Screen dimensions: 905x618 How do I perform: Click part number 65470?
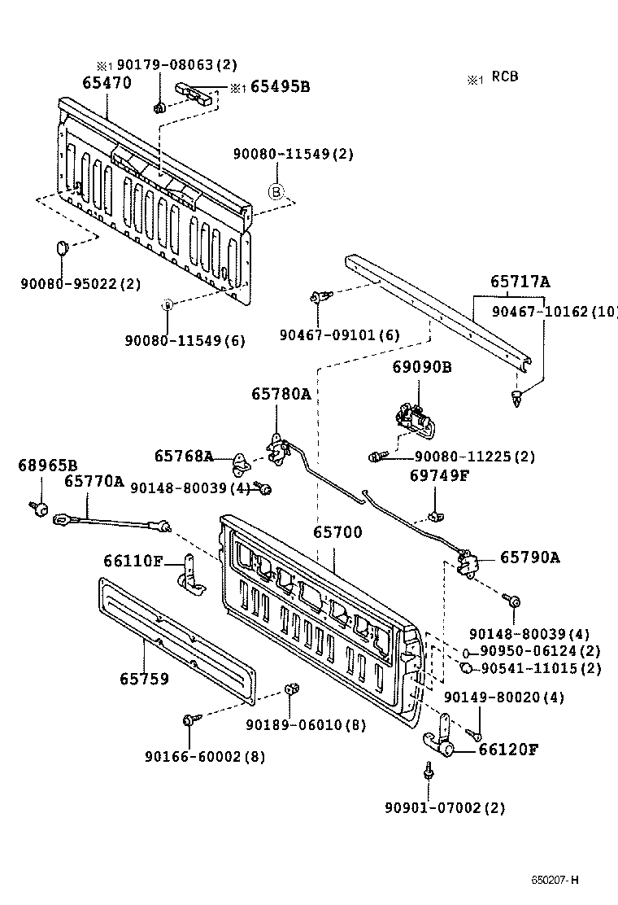[x=107, y=83]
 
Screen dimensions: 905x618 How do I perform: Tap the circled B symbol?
[x=276, y=192]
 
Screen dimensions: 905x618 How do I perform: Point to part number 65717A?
[x=520, y=282]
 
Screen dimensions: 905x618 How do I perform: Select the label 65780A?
[x=281, y=394]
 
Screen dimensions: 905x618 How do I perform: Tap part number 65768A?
[x=184, y=457]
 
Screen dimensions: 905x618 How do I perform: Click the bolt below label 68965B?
[x=38, y=508]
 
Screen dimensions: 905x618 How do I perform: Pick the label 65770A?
[x=94, y=481]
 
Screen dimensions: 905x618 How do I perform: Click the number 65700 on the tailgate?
[x=337, y=532]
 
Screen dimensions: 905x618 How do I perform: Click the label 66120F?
[x=508, y=750]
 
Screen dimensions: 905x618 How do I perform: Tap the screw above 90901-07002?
[x=428, y=770]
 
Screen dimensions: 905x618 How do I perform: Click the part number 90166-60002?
[x=194, y=756]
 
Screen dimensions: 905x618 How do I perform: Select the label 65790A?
[x=529, y=557]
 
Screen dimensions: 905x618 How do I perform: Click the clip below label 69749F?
[x=435, y=515]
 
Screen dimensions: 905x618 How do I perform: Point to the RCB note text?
[x=504, y=77]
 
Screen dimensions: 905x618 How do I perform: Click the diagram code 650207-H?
[x=556, y=880]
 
